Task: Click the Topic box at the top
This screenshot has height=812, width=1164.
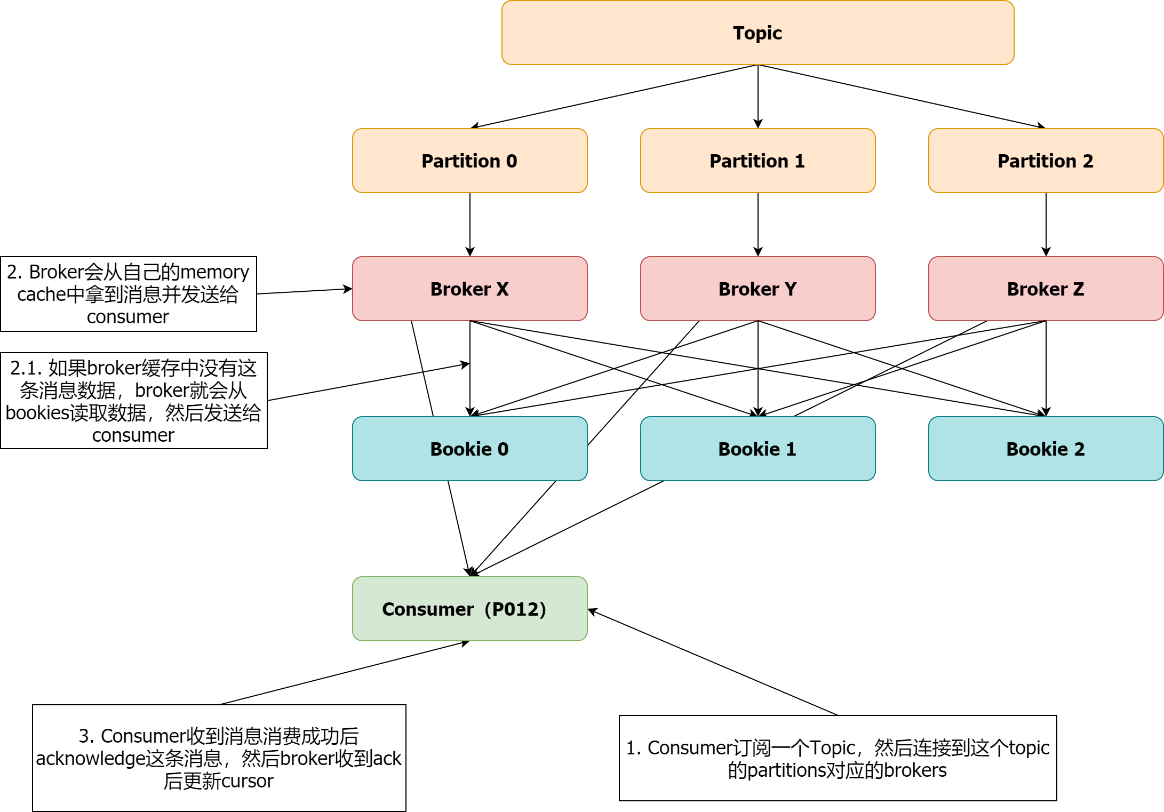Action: point(758,33)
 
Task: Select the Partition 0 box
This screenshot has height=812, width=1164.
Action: point(469,161)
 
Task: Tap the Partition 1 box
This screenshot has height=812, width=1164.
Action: point(758,161)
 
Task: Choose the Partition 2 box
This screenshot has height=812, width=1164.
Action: point(1046,161)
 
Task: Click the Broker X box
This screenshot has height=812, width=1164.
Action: point(469,289)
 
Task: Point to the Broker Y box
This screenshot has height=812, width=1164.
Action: point(758,289)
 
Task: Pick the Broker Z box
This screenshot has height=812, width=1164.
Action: point(1046,289)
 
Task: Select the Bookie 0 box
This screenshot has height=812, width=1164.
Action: point(469,449)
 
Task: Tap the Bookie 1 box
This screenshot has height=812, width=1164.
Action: point(758,449)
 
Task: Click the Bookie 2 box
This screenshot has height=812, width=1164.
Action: point(1046,449)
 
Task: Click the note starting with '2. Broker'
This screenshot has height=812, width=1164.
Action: point(128,294)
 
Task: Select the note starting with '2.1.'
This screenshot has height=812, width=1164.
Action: point(133,401)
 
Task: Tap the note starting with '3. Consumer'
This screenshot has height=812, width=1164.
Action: point(219,758)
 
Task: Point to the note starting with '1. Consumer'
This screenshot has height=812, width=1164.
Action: point(838,758)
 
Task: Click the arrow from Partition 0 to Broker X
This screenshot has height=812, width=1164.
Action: point(470,224)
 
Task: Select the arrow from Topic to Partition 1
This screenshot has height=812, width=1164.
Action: point(758,96)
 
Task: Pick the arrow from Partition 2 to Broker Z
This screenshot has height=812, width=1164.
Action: point(1046,224)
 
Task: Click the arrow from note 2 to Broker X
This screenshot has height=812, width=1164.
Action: point(304,291)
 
